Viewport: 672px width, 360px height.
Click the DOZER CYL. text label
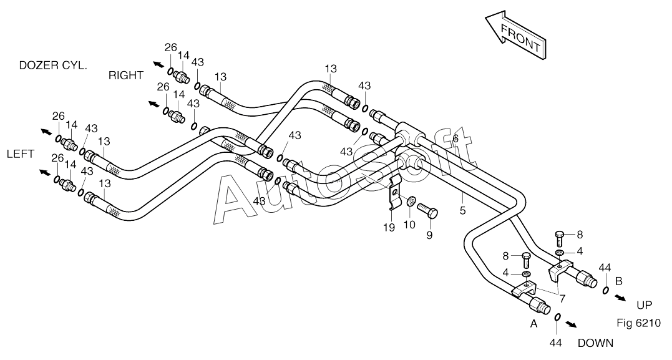tap(53, 66)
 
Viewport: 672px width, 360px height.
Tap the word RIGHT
tap(125, 75)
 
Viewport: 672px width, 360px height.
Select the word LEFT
tap(20, 154)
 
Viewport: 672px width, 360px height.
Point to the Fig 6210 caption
tap(639, 323)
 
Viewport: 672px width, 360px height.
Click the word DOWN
tap(595, 343)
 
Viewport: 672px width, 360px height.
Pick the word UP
tap(644, 305)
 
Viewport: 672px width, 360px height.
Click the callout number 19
tap(389, 228)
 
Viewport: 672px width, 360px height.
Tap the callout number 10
tap(410, 225)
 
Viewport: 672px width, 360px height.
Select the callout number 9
tap(429, 235)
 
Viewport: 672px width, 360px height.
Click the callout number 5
tap(463, 210)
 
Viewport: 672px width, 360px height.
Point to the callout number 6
tap(455, 139)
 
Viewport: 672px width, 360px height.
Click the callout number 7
tap(561, 298)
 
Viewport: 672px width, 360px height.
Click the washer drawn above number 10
tap(411, 200)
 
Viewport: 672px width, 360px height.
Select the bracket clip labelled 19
tap(395, 193)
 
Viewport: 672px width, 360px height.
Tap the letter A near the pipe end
tap(533, 324)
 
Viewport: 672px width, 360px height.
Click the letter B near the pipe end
tap(619, 281)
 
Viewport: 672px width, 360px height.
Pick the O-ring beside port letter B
tap(605, 290)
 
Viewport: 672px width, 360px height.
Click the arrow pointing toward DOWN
tap(570, 324)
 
